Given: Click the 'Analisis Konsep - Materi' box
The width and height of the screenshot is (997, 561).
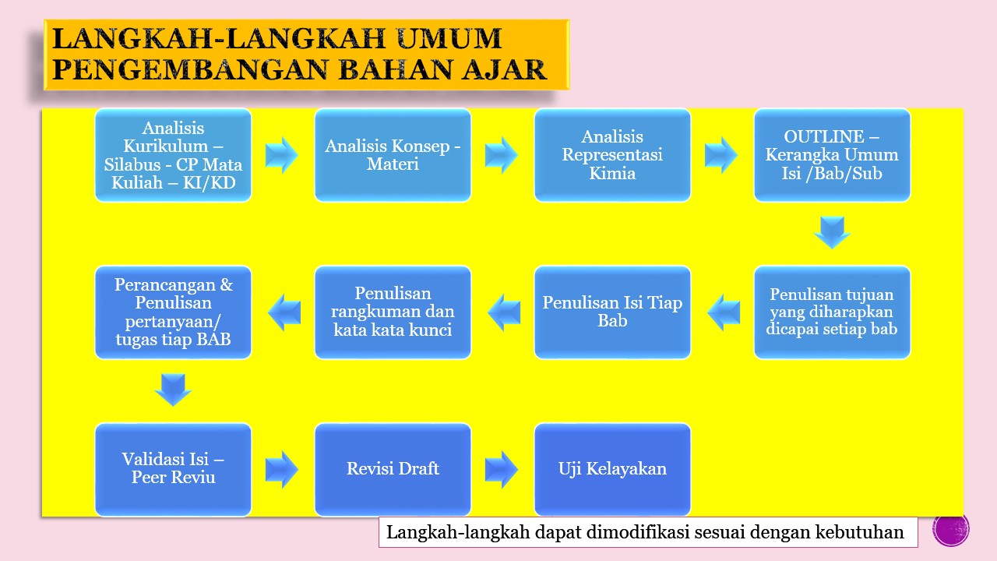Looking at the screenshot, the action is tap(393, 155).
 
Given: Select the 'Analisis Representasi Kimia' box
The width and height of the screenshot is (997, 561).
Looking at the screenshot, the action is tap(612, 155).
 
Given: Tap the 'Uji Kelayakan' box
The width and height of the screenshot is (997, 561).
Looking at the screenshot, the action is tap(612, 469).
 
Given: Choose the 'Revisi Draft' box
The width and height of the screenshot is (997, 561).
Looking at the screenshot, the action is tap(393, 469).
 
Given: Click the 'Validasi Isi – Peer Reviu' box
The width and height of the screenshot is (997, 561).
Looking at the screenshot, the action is tap(173, 469).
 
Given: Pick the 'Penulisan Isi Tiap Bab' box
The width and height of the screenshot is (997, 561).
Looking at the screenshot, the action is tap(612, 312).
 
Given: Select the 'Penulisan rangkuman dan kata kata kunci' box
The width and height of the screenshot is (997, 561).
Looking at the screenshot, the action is tap(393, 312).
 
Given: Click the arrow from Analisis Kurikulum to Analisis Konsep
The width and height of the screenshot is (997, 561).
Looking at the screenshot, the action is tap(282, 155).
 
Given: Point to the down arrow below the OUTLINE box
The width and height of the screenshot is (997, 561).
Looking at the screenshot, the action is tap(832, 232).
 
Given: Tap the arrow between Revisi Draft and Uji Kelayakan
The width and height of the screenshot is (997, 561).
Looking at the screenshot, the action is tap(501, 469).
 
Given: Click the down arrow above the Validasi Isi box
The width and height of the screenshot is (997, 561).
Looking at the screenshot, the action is tap(173, 390).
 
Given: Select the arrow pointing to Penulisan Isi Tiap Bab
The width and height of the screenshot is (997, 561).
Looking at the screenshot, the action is tap(724, 312).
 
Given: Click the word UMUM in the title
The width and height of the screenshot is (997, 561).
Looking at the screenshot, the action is tap(449, 38).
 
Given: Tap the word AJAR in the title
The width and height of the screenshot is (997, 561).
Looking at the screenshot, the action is tap(504, 70).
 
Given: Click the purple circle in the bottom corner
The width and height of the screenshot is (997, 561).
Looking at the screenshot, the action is tap(951, 530).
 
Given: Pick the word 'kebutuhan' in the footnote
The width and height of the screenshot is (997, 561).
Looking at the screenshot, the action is tap(859, 532).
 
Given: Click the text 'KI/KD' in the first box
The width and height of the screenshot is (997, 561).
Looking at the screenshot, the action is tap(210, 183).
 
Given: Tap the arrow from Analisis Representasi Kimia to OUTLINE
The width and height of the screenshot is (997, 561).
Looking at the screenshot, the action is tap(721, 155).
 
